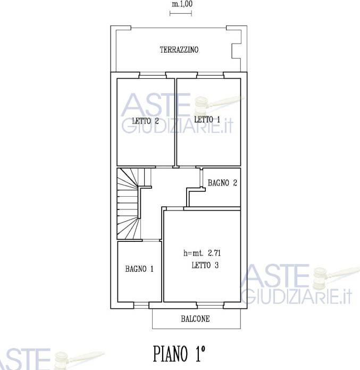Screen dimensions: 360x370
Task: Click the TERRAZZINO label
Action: click(x=179, y=49)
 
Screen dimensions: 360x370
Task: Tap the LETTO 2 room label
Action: click(x=145, y=121)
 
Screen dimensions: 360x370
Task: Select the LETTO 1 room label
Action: click(x=207, y=120)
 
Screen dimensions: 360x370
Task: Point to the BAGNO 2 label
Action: click(x=222, y=183)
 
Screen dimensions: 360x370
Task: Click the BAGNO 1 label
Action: click(x=139, y=268)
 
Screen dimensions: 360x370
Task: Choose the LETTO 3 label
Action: click(x=205, y=265)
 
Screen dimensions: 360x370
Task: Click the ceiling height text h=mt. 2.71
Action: click(x=202, y=253)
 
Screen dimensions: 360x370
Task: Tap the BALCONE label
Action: click(x=195, y=319)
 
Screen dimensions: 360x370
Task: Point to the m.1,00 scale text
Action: click(x=182, y=4)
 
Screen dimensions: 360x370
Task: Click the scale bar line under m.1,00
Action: click(x=181, y=13)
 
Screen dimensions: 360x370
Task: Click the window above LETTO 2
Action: click(x=152, y=75)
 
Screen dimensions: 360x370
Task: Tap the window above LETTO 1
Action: click(x=210, y=75)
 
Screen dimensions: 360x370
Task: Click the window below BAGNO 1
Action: click(x=141, y=306)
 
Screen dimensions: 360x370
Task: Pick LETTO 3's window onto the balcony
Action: click(x=210, y=306)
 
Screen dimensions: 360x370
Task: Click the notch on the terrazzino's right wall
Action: click(x=236, y=51)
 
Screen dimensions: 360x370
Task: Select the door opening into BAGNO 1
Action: click(x=150, y=240)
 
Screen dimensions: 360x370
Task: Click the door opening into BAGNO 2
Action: click(x=202, y=178)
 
